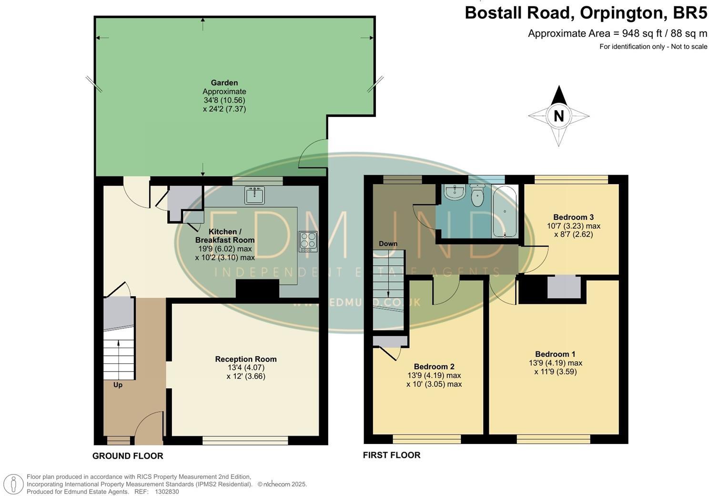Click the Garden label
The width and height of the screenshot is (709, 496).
224,83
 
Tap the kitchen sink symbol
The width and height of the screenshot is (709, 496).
254,195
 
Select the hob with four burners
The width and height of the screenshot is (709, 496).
308,241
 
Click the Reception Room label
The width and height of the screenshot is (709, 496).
246,359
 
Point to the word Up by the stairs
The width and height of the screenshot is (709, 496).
118,384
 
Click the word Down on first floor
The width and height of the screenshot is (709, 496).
388,244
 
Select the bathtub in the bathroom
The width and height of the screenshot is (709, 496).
505,212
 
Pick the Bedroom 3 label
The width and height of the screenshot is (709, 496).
573,217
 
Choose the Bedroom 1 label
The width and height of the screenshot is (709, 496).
555,354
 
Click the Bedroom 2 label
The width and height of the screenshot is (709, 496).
434,366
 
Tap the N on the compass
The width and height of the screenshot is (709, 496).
558,116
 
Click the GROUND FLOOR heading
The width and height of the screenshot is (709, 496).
128,456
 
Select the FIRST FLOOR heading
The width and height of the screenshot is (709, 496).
392,455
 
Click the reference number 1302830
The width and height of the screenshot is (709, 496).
167,492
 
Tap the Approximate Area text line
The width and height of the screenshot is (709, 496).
618,33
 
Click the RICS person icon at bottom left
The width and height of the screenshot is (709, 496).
14,484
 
